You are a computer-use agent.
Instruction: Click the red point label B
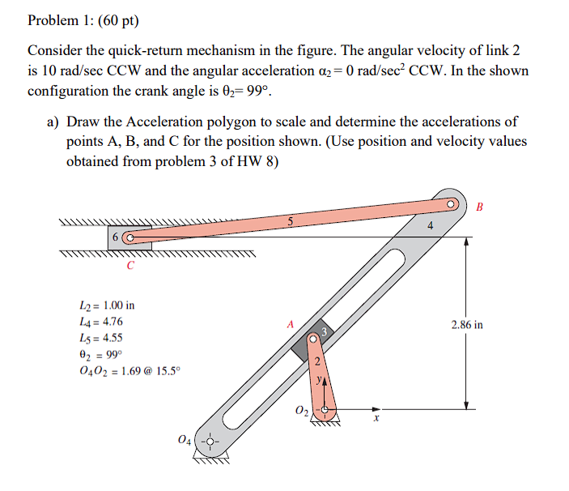[479, 207]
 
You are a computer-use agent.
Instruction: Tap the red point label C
[130, 265]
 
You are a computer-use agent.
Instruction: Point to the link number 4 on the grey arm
[430, 227]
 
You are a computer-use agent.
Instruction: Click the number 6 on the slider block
[117, 238]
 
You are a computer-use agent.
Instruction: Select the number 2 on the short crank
[317, 361]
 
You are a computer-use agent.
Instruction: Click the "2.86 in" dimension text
[467, 325]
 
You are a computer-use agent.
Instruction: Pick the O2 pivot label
[301, 415]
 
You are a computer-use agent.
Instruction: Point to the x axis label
[376, 419]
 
